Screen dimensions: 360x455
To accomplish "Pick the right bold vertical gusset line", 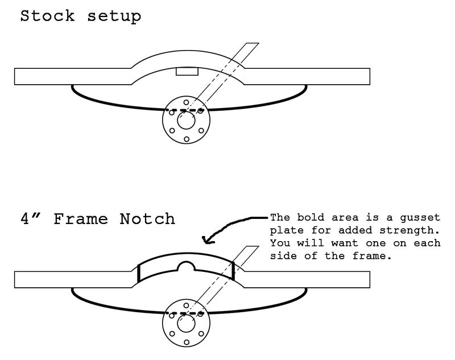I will pyautogui.click(x=233, y=270).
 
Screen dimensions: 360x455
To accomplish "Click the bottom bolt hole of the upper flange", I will pyautogui.click(x=186, y=139).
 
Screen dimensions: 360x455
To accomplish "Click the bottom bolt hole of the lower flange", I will pyautogui.click(x=186, y=343).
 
